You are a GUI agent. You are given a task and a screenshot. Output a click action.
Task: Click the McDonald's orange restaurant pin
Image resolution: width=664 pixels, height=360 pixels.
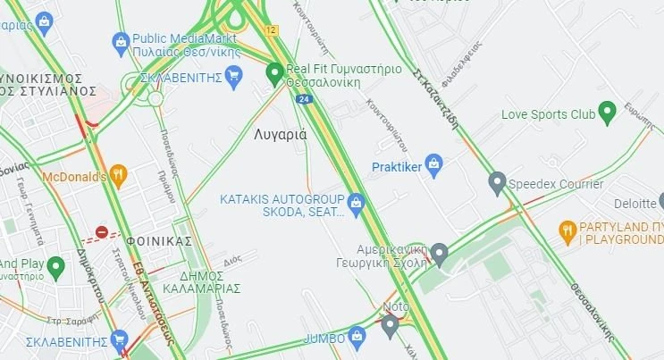click(x=118, y=175)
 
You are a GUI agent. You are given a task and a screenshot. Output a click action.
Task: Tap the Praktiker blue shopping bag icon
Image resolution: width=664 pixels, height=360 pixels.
click(x=434, y=163)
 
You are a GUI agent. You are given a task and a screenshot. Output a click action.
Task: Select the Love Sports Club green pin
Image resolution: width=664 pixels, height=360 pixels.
click(x=608, y=113)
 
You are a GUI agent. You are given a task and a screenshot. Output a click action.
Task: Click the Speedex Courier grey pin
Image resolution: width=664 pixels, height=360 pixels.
click(x=498, y=182)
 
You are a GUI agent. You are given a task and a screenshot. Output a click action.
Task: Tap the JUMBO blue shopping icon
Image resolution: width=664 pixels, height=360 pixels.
click(x=357, y=337)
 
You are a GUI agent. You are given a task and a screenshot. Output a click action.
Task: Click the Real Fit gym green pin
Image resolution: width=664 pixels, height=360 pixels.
click(x=275, y=72)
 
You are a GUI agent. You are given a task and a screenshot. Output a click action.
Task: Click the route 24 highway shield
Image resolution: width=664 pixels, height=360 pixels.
click(x=305, y=99)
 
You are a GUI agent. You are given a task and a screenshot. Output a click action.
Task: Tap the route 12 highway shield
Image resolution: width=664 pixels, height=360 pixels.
click(x=271, y=30)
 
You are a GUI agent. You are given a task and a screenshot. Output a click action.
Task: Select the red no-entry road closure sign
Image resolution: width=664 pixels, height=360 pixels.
click(x=102, y=233)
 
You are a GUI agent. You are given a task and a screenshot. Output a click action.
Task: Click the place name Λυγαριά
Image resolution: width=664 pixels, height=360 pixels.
click(x=280, y=135)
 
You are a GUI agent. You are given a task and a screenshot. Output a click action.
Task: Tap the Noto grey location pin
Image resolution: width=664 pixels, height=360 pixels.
click(x=389, y=324)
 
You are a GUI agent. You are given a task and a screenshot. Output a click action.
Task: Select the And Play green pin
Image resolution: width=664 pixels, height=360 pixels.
click(x=55, y=265)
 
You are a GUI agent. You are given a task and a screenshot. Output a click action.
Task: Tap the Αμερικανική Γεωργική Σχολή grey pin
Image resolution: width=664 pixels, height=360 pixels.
click(x=439, y=254)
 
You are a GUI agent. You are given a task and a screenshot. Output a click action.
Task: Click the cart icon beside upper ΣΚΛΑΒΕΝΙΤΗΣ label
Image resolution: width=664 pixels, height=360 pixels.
click(x=234, y=78)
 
